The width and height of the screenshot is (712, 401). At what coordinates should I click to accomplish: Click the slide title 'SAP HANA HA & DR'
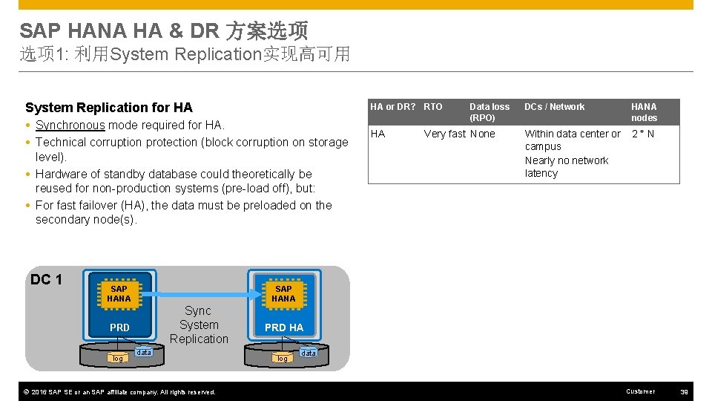pos(119,30)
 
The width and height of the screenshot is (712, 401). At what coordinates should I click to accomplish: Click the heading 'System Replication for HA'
pos(108,108)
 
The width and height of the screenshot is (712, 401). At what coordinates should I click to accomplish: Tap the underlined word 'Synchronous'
pos(70,125)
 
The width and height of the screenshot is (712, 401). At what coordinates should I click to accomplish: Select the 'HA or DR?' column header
pos(393,107)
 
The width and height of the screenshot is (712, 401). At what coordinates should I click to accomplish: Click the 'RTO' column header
pos(433,107)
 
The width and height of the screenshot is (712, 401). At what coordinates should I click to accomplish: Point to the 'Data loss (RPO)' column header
pos(489,112)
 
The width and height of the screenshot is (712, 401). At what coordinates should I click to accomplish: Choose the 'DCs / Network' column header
pos(554,107)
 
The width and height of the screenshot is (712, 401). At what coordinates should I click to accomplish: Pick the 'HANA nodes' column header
pos(644,112)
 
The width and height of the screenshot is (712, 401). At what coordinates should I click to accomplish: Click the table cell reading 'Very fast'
pos(444,134)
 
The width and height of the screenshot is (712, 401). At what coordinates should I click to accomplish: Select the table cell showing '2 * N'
pos(642,134)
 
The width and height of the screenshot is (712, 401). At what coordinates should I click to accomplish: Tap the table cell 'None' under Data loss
pos(482,134)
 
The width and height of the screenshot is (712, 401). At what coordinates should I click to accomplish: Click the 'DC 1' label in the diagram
pos(47,280)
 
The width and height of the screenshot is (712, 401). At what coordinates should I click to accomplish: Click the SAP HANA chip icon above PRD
pos(119,293)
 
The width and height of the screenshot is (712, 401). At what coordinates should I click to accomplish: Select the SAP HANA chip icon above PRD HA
pos(283,293)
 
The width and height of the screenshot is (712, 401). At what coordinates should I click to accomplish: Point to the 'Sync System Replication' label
pos(199,325)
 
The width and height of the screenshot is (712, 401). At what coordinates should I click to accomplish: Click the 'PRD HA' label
pos(284,327)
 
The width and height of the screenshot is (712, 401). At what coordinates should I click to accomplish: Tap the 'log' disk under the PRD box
pos(117,358)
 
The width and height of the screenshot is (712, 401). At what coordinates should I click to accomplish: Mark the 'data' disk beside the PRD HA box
pos(309,353)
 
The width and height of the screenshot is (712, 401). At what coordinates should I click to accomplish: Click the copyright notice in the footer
pos(117,392)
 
